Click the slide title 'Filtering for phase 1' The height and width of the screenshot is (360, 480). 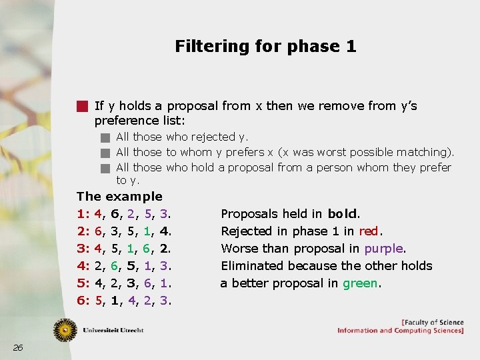coord(265,46)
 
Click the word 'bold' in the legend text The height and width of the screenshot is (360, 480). coord(343,214)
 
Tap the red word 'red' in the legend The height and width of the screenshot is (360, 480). coord(368,231)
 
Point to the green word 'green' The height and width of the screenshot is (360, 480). coord(360,283)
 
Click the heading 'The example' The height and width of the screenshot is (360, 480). coord(119,197)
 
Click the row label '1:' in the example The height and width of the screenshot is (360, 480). coord(83,214)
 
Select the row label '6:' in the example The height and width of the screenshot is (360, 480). coord(83,301)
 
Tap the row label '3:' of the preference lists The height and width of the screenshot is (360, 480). coord(83,249)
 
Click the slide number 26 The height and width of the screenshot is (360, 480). coord(18,347)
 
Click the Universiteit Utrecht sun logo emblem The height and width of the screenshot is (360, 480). coord(65,330)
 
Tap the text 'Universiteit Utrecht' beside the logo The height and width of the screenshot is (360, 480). coord(113,330)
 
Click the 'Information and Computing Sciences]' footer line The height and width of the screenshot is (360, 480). coord(400,331)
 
